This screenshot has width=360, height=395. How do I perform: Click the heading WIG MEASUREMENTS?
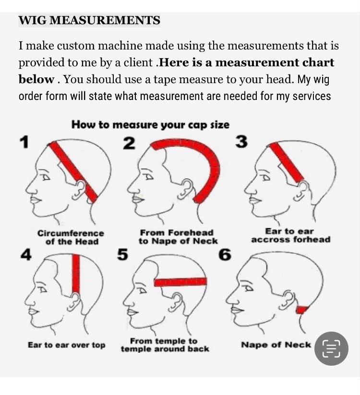(x=89, y=20)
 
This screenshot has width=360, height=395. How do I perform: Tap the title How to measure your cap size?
(x=150, y=124)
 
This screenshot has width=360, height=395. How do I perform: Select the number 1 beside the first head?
(x=24, y=142)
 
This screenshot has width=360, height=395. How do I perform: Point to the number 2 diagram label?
(x=129, y=143)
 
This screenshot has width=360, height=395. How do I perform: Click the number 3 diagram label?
(x=241, y=142)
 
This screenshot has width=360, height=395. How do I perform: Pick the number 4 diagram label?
(x=26, y=255)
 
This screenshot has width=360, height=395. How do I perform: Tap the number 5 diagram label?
(x=122, y=254)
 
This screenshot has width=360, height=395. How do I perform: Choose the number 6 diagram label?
(x=225, y=254)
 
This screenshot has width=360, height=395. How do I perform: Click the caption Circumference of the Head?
(x=71, y=237)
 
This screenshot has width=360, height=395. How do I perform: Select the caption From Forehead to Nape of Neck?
(x=178, y=237)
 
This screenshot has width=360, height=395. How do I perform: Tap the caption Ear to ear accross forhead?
(x=290, y=235)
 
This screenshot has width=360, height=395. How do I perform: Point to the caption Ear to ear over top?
(x=67, y=345)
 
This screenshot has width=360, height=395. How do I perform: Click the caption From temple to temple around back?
(x=165, y=345)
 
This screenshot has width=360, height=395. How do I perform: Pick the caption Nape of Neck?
(x=276, y=345)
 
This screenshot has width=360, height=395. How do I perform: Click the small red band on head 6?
(x=302, y=309)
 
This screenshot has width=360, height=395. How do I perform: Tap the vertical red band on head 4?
(x=76, y=274)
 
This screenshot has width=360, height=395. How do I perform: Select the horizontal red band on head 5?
(x=180, y=282)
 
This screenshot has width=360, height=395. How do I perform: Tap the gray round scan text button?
(x=331, y=348)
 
